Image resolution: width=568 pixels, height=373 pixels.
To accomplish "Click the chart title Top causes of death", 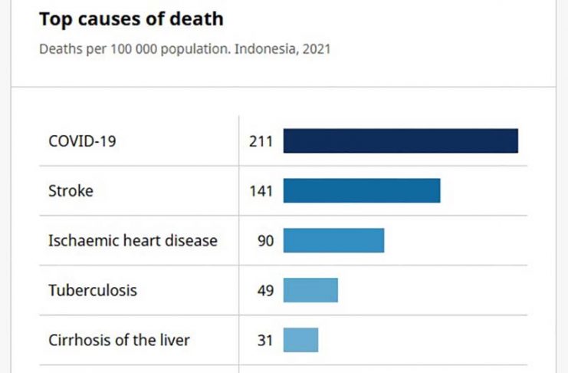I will pyautogui.click(x=131, y=18).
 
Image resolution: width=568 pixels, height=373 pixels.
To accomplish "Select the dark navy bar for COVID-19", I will pyautogui.click(x=400, y=141).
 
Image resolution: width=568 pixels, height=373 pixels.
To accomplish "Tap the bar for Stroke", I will pyautogui.click(x=362, y=190).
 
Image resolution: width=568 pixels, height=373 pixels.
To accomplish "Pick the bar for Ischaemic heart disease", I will pyautogui.click(x=333, y=240).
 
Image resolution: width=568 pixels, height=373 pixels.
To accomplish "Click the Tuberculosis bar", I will pyautogui.click(x=310, y=290).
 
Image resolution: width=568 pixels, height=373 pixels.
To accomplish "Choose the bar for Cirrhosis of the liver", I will pyautogui.click(x=300, y=339).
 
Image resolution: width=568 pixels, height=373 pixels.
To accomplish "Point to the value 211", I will pyautogui.click(x=261, y=141).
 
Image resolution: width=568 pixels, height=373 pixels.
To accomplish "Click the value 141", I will pyautogui.click(x=261, y=190).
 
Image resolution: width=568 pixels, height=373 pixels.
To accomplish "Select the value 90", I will pyautogui.click(x=264, y=240).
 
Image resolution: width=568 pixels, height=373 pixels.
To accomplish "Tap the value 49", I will pyautogui.click(x=264, y=290).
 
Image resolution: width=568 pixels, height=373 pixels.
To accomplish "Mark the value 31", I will pyautogui.click(x=264, y=339).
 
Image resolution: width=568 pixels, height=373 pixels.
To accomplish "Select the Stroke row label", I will pyautogui.click(x=71, y=190).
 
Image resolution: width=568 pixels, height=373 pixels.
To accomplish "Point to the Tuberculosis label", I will pyautogui.click(x=93, y=290).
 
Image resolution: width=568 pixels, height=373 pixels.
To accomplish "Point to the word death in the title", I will pyautogui.click(x=200, y=18).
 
